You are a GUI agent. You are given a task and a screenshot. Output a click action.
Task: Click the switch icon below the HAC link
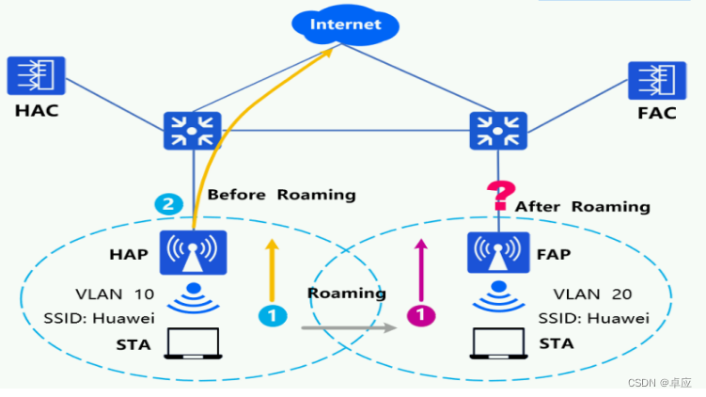tap(193, 132)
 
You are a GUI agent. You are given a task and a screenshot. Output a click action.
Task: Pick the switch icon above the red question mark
tap(497, 132)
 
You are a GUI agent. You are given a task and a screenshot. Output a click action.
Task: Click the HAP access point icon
tap(193, 253)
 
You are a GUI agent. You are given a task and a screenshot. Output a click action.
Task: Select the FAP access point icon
tap(497, 253)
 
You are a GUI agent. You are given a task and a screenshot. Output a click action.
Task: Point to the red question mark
tap(497, 195)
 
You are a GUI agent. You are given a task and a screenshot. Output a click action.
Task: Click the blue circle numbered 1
tap(273, 316)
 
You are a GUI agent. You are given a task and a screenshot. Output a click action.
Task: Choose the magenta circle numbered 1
tap(421, 316)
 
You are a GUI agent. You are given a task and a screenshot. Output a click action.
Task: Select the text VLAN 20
tap(590, 294)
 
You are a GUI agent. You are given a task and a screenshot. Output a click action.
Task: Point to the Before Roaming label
tap(281, 195)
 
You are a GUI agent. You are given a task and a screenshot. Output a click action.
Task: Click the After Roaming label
tap(582, 206)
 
